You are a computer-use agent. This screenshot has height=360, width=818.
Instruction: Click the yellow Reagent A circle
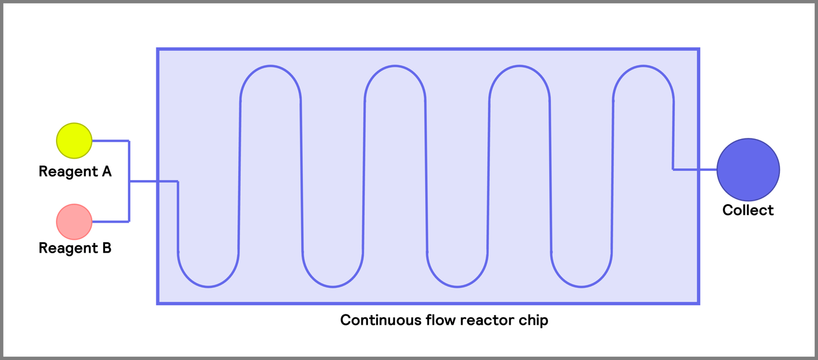click(74, 141)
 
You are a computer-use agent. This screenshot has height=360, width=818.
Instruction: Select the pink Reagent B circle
click(74, 222)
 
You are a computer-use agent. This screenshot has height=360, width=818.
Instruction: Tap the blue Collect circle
click(748, 170)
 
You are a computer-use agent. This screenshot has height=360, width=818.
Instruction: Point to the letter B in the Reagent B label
click(106, 248)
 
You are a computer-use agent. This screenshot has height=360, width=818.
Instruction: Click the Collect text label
click(748, 210)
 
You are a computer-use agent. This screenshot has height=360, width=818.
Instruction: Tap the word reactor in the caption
click(486, 320)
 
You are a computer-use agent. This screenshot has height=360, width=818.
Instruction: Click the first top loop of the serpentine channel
click(271, 66)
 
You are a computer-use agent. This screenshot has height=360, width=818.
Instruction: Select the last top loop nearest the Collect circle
click(643, 66)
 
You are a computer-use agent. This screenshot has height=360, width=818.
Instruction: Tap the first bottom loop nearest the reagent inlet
click(208, 286)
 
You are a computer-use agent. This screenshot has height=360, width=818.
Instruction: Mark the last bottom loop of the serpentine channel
click(581, 286)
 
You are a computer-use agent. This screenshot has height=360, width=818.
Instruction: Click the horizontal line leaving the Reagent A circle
click(110, 141)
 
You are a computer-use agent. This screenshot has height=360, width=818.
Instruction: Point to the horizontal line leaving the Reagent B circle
click(110, 222)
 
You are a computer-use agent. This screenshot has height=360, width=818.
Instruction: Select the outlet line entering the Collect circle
click(695, 170)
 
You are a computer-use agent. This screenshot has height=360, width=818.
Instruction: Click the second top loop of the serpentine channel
click(395, 66)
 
